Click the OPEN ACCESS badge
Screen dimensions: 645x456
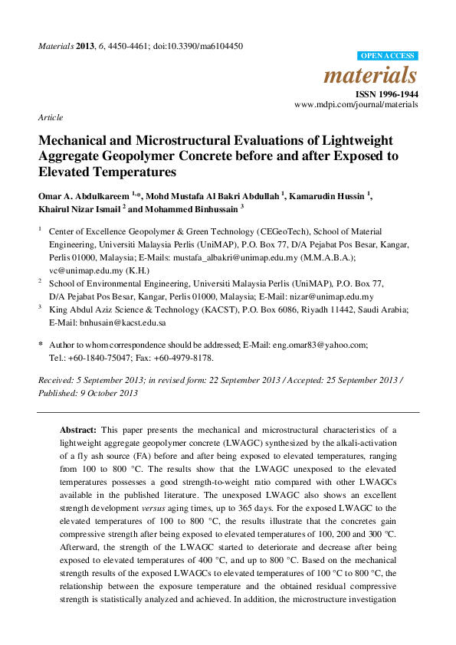coord(388,56)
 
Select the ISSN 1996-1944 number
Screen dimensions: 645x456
coord(389,94)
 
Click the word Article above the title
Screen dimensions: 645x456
coord(50,118)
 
